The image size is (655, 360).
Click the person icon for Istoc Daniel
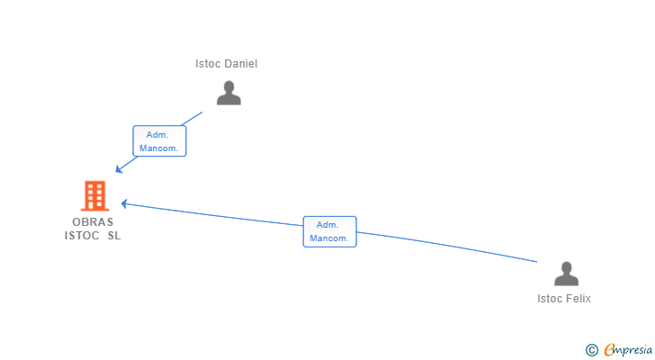[x=229, y=93]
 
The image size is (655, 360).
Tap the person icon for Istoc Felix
[x=567, y=274]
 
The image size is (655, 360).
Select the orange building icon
[x=94, y=195]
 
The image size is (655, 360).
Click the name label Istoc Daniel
[x=227, y=64]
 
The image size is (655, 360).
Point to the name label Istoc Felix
[x=564, y=299]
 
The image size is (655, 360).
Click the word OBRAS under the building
[x=93, y=221]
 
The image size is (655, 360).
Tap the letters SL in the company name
[x=114, y=236]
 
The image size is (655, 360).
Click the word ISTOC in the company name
[x=82, y=236]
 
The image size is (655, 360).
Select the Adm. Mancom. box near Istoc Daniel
[x=159, y=141]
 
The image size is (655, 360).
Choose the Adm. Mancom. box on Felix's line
[x=329, y=231]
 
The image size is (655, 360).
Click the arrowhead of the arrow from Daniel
[x=118, y=169]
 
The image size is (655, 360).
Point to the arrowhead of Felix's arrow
[x=123, y=203]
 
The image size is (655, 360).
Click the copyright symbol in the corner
[x=591, y=350]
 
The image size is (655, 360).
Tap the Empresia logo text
[x=628, y=350]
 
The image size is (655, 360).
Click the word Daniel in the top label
[x=240, y=64]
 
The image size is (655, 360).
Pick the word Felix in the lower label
[x=579, y=299]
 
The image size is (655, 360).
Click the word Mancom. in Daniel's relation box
[x=158, y=148]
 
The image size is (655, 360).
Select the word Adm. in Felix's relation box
[x=327, y=225]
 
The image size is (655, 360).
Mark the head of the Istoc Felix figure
[x=567, y=268]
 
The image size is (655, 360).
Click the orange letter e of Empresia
[x=609, y=350]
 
